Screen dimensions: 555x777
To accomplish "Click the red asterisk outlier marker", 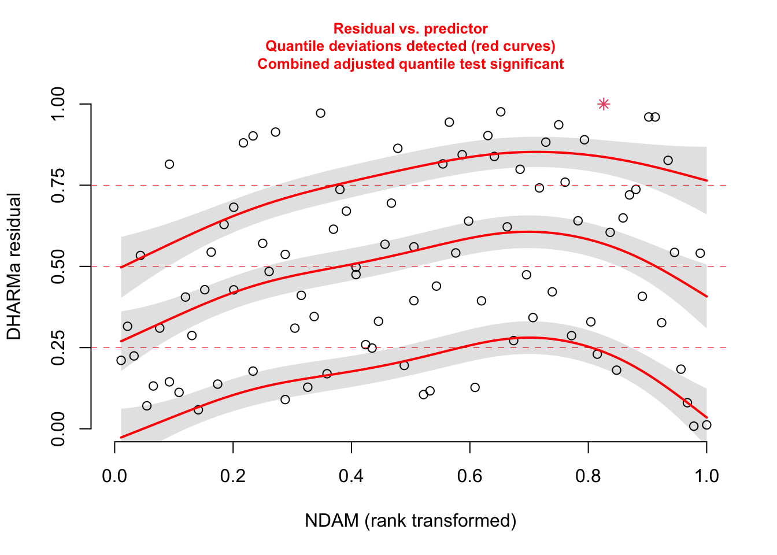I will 604,104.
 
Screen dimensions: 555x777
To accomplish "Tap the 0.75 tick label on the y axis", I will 58,185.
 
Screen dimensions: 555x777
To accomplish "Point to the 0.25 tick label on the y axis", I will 58,347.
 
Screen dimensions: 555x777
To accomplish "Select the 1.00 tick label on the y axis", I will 58,104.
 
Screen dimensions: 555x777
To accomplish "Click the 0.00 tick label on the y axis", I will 58,428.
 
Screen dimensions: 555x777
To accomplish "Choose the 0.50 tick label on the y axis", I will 58,267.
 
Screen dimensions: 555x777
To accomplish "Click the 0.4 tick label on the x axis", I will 351,476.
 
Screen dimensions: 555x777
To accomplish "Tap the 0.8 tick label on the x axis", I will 588,476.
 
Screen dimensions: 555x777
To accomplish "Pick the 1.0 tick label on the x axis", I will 706,476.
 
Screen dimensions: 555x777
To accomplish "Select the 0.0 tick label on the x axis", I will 114,476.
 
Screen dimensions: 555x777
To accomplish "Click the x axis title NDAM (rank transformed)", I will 410,521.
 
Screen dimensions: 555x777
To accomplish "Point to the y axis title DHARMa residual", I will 14,267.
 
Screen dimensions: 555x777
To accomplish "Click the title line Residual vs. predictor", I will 410,29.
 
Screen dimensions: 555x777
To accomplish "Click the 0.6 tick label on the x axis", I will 469,476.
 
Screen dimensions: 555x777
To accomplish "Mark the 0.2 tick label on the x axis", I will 232,476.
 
